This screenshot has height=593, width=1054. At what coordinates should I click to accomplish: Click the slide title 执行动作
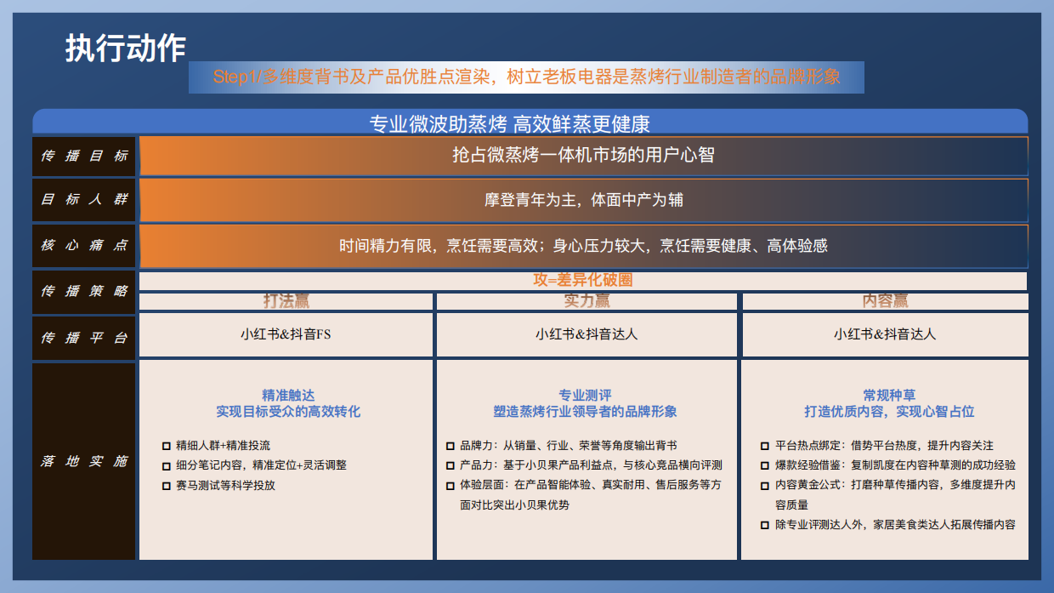(125, 48)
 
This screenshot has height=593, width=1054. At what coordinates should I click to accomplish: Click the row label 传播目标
(84, 156)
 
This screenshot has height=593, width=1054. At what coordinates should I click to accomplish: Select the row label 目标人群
(84, 200)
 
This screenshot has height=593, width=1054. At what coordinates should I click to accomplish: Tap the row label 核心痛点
(84, 246)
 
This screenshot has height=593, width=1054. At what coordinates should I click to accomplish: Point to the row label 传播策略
(84, 291)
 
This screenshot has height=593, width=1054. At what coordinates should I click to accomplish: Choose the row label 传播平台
(84, 337)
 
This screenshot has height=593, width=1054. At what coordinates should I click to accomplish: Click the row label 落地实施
(84, 461)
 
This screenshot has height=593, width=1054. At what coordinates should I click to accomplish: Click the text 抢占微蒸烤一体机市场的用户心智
(583, 156)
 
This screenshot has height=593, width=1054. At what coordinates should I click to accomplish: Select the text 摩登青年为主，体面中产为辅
(583, 200)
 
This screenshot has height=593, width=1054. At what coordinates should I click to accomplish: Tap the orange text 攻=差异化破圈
(583, 280)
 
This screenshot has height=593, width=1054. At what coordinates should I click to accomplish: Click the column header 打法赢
(286, 301)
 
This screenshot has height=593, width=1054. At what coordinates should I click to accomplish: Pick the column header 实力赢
(586, 301)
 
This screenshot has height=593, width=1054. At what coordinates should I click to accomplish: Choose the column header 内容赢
(885, 301)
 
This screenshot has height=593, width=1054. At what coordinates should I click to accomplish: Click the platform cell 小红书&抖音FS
(286, 334)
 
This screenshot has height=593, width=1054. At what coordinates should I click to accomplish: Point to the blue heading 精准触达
(288, 396)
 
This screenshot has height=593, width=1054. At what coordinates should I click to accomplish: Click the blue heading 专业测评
(585, 396)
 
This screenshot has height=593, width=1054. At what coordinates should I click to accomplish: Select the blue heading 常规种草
(889, 396)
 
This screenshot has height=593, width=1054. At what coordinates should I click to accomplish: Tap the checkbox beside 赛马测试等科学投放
(167, 486)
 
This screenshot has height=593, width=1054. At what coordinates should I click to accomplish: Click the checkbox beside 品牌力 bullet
(450, 446)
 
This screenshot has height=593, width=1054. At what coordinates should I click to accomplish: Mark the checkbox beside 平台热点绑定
(765, 446)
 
